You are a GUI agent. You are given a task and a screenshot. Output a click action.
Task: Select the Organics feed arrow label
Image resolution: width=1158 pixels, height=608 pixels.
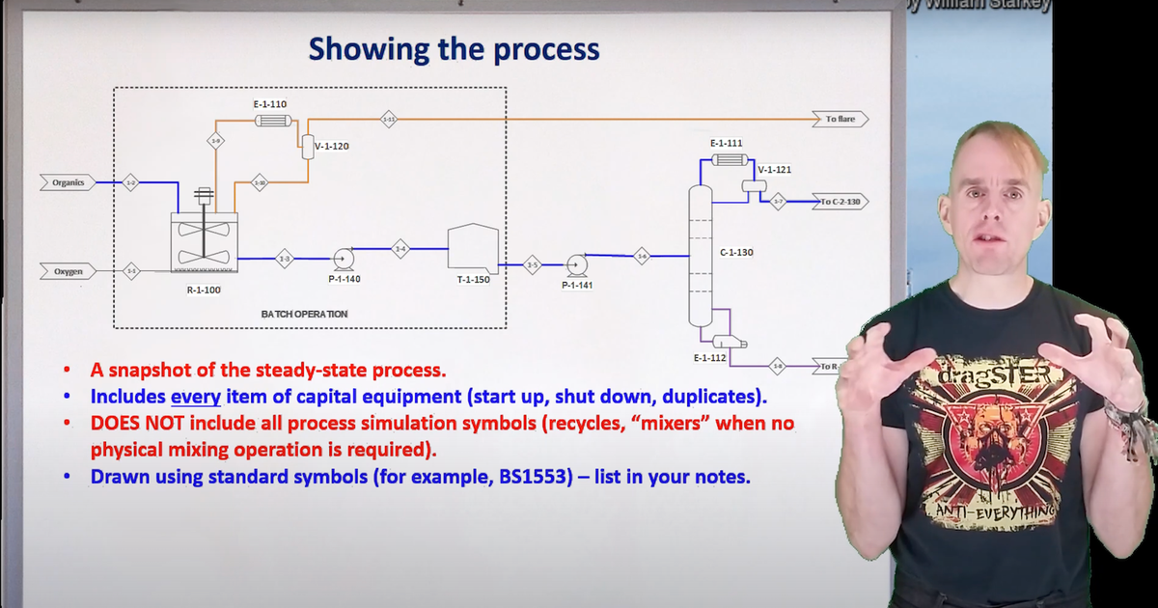68,181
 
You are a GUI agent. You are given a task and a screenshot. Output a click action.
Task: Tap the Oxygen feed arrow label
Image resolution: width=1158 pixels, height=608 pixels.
68,272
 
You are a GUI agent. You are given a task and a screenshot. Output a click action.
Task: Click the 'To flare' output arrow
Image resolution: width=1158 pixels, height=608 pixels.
840,119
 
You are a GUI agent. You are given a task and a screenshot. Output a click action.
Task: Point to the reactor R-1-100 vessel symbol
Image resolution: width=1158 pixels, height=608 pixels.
204,241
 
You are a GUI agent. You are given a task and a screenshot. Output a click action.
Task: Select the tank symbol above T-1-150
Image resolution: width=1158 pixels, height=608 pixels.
473,248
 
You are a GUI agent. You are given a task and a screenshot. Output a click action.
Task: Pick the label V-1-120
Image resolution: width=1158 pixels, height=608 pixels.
332,147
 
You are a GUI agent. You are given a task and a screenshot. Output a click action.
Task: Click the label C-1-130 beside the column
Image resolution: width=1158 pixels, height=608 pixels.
736,252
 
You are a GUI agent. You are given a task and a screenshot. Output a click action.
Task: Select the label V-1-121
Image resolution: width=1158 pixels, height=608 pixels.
775,170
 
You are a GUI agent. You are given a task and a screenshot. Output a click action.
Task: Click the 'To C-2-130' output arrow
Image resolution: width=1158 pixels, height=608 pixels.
841,202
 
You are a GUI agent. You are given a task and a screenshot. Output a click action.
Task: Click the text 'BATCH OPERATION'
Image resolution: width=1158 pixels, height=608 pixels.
304,314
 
